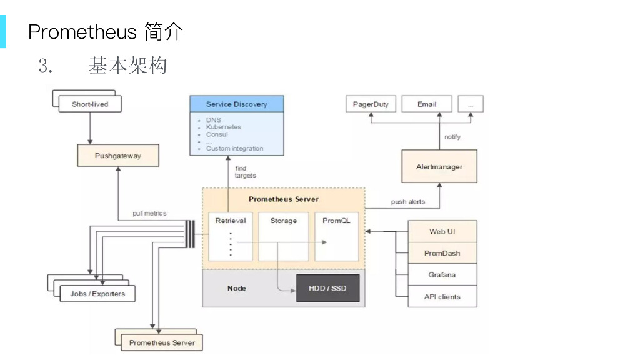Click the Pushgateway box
(x=118, y=156)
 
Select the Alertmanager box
(x=439, y=167)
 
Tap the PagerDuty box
(x=371, y=104)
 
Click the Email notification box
(x=427, y=104)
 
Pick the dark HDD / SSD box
(x=327, y=288)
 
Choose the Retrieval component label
(x=231, y=221)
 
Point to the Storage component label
(x=284, y=221)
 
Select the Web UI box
(x=442, y=231)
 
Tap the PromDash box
(x=442, y=253)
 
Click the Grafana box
(x=442, y=275)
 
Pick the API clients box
(x=442, y=297)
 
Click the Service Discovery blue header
(x=236, y=104)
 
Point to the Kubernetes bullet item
(x=223, y=127)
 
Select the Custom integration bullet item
(x=234, y=149)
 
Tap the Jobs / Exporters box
(x=97, y=294)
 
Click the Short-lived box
(x=90, y=104)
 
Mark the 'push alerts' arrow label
(x=408, y=202)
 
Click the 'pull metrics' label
(x=149, y=213)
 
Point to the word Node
(x=236, y=288)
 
